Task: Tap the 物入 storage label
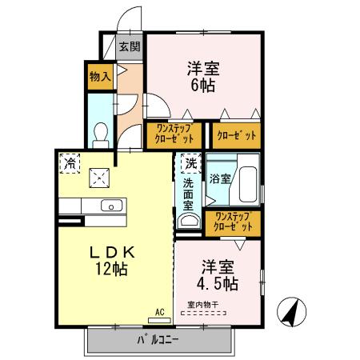98,78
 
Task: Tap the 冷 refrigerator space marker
70,163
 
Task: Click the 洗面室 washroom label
187,195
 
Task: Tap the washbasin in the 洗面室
189,222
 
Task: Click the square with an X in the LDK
99,177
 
